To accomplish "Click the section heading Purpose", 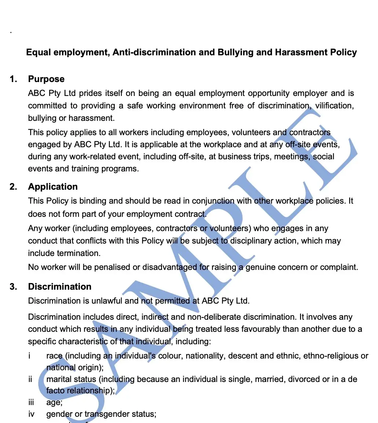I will point(46,79).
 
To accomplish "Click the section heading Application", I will point(53,187).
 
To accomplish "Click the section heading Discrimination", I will point(60,287).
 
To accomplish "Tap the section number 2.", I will point(13,187).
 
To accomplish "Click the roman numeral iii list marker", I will point(31,403).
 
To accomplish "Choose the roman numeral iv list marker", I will point(32,415).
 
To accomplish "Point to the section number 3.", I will point(13,287).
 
